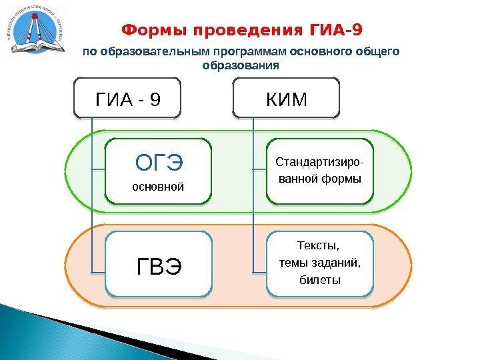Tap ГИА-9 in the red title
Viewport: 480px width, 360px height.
[338, 31]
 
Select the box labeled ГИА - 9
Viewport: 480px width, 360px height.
[128, 99]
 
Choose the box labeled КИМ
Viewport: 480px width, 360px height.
[287, 99]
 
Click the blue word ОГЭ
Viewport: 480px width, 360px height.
[160, 163]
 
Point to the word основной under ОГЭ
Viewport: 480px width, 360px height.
[158, 187]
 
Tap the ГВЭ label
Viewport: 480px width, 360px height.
[159, 267]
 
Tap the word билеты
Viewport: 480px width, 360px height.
[320, 279]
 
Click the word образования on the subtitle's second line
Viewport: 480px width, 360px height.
[240, 66]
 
